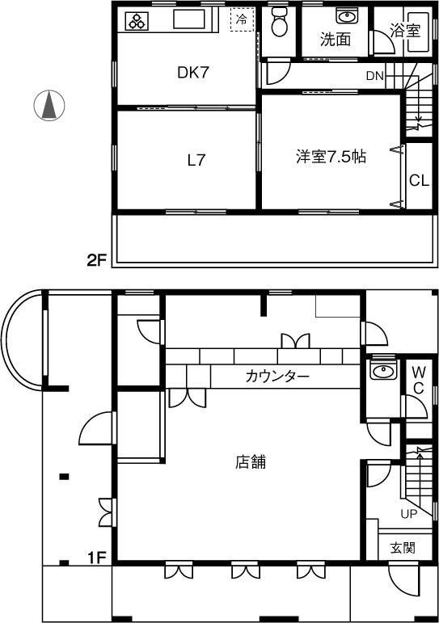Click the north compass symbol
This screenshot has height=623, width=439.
click(49, 106)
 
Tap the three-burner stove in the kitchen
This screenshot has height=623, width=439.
click(137, 21)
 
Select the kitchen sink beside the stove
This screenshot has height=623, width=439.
click(189, 19)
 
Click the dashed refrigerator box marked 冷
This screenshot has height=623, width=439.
click(242, 20)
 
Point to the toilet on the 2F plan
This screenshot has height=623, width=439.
click(280, 23)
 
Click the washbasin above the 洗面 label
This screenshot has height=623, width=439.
click(347, 16)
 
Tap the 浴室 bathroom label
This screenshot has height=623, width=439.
click(405, 31)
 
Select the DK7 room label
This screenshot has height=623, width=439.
click(193, 73)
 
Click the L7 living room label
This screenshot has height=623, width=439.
click(196, 160)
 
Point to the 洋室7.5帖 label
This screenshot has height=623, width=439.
click(331, 157)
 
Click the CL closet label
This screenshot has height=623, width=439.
click(419, 181)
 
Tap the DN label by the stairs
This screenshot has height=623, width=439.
click(374, 76)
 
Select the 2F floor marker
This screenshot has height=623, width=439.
click(98, 261)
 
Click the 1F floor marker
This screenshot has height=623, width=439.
click(98, 558)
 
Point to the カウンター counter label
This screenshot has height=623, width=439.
click(277, 376)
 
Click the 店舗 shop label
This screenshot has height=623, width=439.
click(251, 462)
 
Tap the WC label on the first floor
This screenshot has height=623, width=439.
click(418, 381)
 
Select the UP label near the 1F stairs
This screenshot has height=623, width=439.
click(408, 514)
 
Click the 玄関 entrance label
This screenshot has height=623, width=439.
click(403, 548)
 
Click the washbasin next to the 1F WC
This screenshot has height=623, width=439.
click(383, 371)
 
